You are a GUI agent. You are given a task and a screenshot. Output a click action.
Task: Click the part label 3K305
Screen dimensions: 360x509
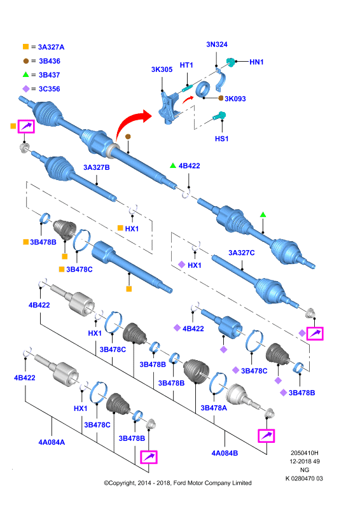coord(162,69)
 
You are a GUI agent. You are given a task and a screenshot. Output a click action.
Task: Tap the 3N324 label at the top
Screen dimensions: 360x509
coord(217,45)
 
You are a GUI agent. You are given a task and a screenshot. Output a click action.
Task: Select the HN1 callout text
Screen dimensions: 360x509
coord(256,62)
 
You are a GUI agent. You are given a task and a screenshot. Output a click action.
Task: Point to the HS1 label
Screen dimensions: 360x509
coord(222,139)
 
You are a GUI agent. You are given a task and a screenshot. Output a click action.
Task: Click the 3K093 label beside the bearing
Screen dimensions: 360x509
coord(235,99)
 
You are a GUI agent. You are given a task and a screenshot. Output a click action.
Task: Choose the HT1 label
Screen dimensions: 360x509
coord(186,66)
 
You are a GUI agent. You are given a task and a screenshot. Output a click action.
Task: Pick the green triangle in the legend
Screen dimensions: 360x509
coord(25,74)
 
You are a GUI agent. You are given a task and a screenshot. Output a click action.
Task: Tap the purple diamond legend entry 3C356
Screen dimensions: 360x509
coord(41,89)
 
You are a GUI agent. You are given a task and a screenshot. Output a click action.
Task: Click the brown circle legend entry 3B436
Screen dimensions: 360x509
coord(41,61)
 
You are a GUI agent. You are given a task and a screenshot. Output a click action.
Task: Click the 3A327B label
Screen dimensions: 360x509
coord(97,167)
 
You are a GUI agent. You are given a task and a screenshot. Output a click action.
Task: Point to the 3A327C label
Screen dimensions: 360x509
coord(242,253)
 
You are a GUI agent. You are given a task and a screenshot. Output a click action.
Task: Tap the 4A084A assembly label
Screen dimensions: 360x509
coord(52,442)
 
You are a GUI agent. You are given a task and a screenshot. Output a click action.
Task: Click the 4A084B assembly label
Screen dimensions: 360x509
coord(225,453)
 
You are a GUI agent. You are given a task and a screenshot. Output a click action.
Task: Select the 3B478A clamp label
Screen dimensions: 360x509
coord(214,408)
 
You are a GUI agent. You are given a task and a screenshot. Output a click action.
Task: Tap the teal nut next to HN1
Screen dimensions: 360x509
coord(230,62)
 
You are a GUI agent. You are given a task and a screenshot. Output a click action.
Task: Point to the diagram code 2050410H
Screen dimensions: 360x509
coord(305,453)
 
